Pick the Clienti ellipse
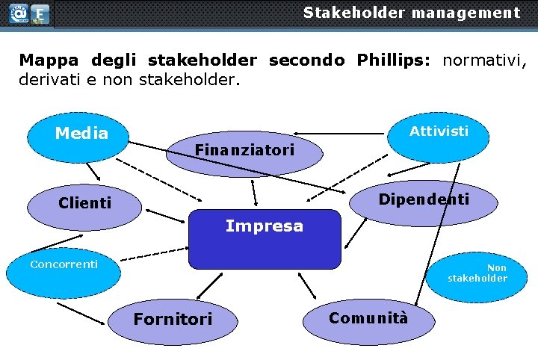pyautogui.click(x=84, y=203)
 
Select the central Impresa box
pyautogui.click(x=264, y=239)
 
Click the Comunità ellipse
pyautogui.click(x=368, y=318)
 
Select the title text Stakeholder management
pyautogui.click(x=411, y=13)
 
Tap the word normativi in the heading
pyautogui.click(x=485, y=59)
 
